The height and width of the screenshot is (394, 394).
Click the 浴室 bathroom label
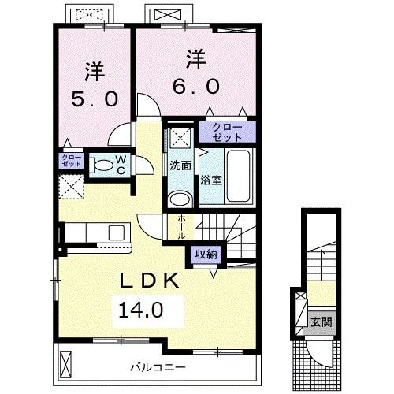click(x=211, y=180)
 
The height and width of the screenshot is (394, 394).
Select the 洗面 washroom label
click(x=180, y=165)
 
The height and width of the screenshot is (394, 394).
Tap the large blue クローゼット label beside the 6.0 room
click(x=225, y=131)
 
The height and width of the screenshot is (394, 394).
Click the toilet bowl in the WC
click(x=101, y=165)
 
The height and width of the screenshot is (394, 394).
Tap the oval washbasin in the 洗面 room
click(x=180, y=198)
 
